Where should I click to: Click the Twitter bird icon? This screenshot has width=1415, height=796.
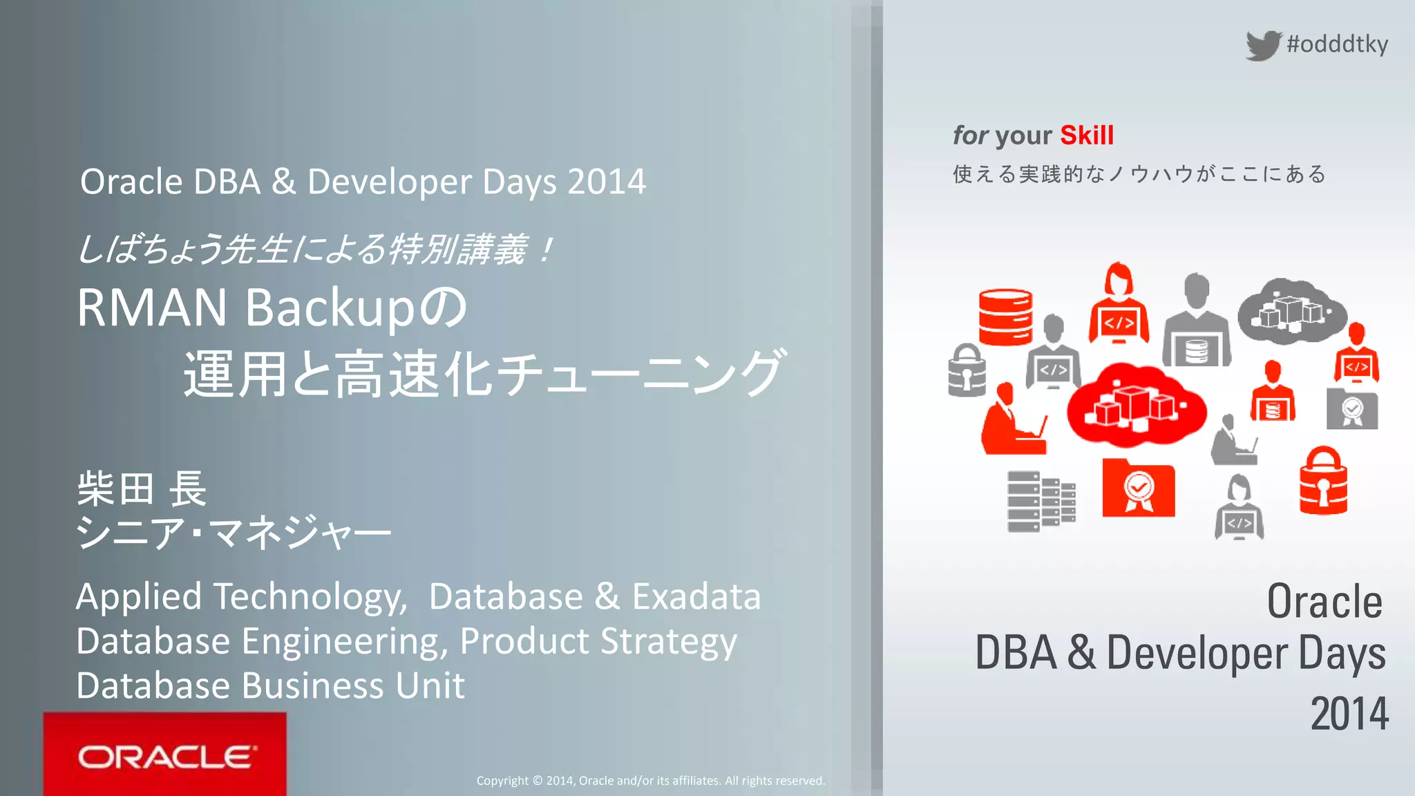(1264, 46)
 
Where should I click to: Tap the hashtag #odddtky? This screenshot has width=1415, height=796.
(1337, 44)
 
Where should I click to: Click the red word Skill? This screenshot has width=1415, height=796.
(1087, 135)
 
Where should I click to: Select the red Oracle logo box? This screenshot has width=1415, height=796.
(164, 754)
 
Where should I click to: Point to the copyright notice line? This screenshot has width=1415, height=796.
(650, 781)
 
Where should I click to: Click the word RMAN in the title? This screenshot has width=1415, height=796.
(152, 307)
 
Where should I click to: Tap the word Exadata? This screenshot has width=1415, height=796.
(696, 596)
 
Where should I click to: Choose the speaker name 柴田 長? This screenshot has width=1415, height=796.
(142, 489)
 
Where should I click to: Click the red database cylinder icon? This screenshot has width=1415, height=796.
(1005, 317)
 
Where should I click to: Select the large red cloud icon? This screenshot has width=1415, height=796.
(1136, 406)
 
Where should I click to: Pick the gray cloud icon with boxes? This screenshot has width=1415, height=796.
(1291, 311)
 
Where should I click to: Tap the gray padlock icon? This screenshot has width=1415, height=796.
(967, 371)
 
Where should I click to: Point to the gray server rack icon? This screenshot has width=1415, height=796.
(1041, 502)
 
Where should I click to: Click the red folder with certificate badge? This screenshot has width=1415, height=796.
(1138, 488)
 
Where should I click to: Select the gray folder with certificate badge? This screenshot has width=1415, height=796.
(1352, 409)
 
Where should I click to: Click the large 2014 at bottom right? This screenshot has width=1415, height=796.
(1349, 714)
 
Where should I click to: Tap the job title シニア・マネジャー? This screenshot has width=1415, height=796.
(234, 533)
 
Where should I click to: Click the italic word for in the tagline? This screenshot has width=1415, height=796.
(970, 135)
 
